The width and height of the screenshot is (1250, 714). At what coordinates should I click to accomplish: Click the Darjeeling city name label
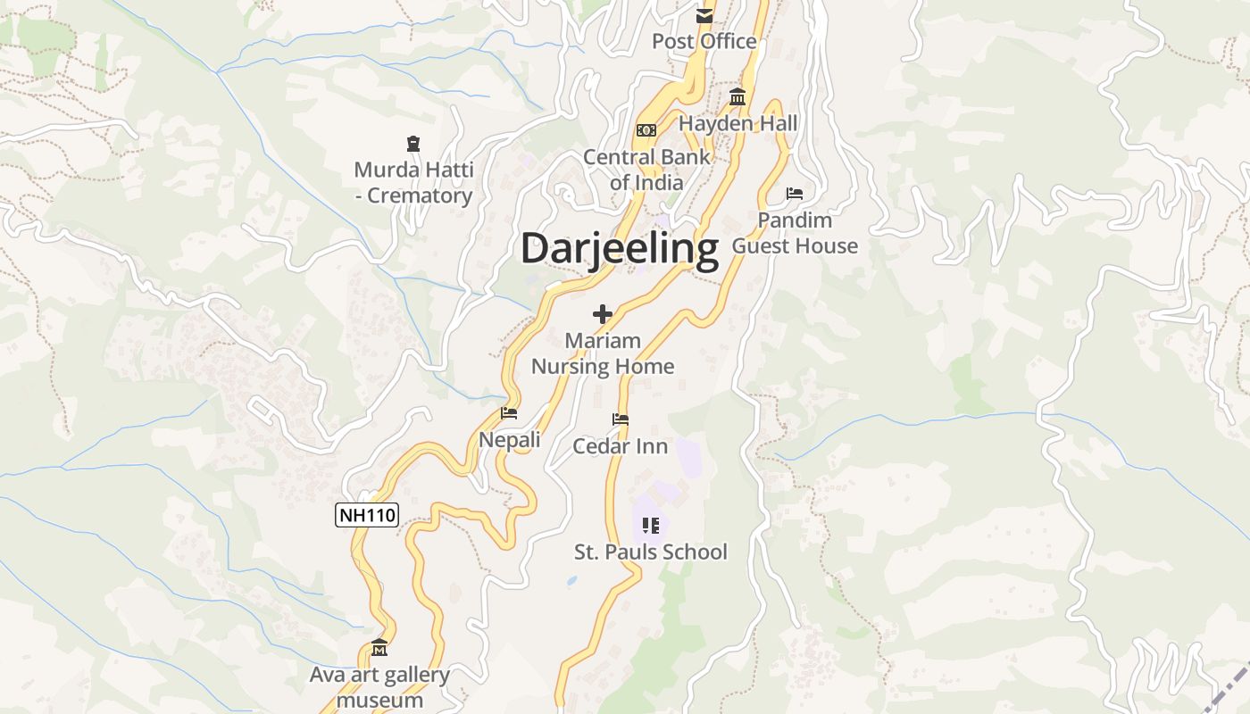(x=619, y=249)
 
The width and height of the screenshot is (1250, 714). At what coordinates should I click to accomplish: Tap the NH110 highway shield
(x=366, y=514)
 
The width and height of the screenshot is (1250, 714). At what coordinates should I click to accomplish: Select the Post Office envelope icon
(x=704, y=15)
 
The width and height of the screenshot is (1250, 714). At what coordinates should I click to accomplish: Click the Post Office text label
(x=704, y=41)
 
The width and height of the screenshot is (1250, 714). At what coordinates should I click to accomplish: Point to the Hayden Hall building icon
(x=737, y=97)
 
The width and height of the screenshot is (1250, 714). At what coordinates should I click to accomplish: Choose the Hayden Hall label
(x=738, y=123)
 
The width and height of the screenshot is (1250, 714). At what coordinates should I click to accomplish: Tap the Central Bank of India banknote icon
(x=646, y=130)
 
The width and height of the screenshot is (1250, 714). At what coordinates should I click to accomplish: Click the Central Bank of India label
(x=646, y=170)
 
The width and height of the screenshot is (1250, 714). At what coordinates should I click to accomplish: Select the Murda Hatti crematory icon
(x=412, y=143)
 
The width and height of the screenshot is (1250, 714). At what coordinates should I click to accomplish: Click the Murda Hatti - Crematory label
(x=413, y=182)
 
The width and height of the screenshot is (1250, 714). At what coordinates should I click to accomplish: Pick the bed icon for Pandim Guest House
(x=795, y=194)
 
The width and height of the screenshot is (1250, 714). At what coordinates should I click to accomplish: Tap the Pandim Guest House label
(x=795, y=233)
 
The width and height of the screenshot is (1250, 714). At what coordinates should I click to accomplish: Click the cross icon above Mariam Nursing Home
(x=603, y=314)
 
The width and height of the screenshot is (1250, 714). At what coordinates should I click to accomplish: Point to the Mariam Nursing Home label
(x=603, y=353)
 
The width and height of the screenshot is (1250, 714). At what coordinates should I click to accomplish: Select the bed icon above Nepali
(x=509, y=413)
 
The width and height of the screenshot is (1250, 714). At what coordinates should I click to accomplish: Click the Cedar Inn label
(x=620, y=445)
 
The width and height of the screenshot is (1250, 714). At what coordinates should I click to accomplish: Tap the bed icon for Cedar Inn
(x=620, y=419)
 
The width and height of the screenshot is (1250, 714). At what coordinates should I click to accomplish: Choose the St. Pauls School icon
(x=650, y=526)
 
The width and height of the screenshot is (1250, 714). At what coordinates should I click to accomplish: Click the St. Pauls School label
(x=650, y=552)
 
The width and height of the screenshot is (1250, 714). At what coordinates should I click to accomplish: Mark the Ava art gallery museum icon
(x=379, y=648)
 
